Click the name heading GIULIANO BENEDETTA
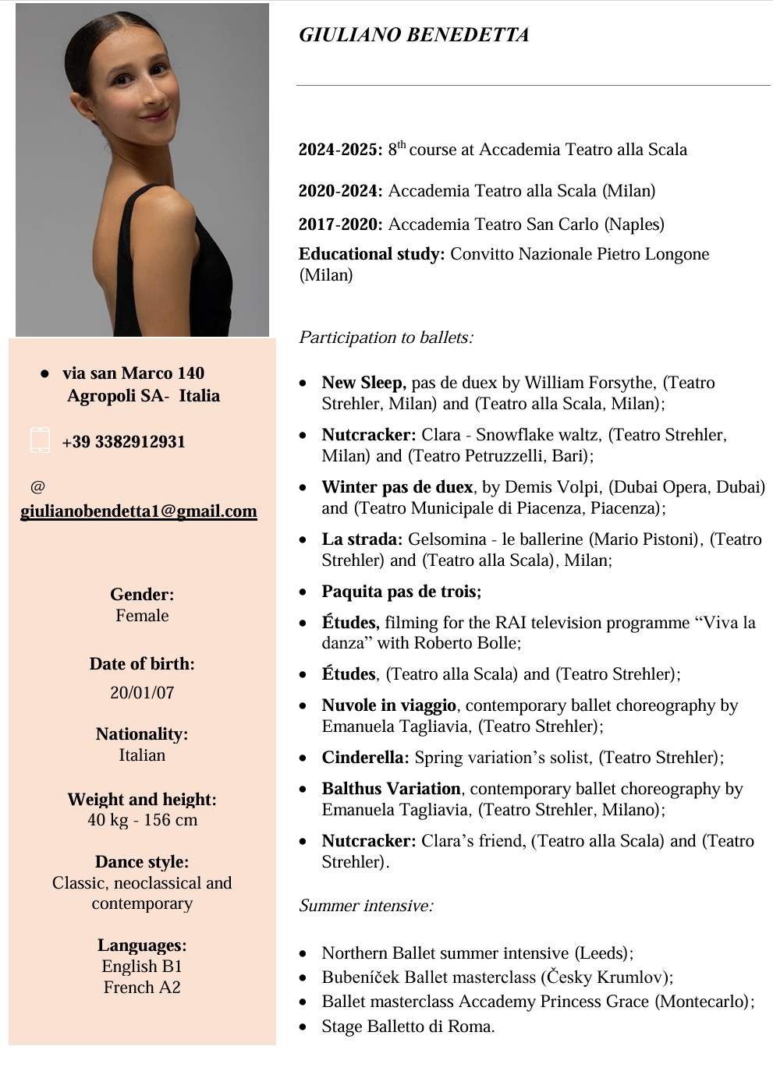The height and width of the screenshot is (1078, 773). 414,35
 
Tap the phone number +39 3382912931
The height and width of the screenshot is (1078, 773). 123,442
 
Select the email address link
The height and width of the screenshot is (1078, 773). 139,511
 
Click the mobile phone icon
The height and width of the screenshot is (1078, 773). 40,440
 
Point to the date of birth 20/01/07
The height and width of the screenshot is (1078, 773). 142,693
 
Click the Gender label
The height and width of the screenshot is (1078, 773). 142,595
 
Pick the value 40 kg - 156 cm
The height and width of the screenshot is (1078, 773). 142,820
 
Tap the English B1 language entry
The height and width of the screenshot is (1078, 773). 142,967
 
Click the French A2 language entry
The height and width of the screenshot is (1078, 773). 142,988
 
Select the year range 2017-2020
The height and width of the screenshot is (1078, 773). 340,224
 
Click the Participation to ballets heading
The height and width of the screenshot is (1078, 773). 386,338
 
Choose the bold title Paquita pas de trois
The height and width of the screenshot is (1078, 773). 402,592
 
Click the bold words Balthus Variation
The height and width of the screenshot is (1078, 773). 392,789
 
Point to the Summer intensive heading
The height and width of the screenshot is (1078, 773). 366,906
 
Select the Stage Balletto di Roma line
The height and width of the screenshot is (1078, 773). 408,1027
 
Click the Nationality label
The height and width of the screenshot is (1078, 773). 142,734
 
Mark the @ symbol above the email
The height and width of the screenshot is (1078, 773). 37,487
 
